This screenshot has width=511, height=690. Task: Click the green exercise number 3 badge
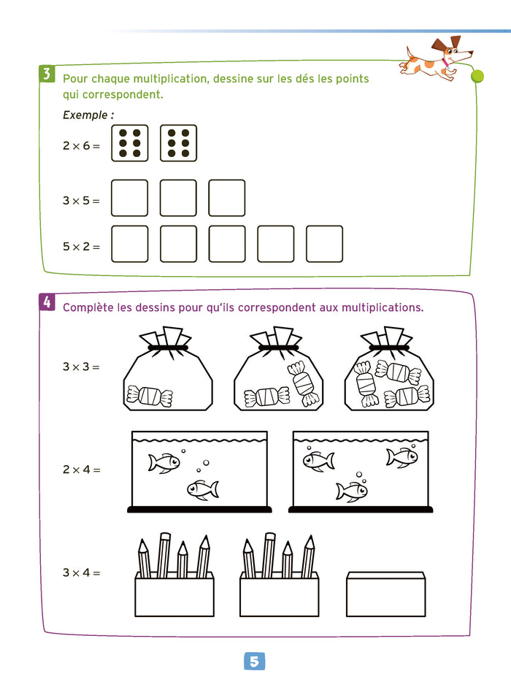(46, 73)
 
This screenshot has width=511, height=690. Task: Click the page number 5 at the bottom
(253, 662)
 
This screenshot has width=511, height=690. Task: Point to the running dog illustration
(436, 58)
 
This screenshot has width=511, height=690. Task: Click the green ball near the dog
(478, 74)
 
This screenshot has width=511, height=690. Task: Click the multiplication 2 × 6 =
(81, 145)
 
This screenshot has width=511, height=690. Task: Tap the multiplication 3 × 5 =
(81, 200)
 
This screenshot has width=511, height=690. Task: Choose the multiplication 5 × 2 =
(81, 246)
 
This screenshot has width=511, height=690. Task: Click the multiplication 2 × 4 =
(81, 469)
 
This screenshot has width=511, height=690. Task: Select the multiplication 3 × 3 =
(81, 367)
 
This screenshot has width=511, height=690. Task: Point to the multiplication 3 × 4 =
(81, 573)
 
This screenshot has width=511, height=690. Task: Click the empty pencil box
(385, 594)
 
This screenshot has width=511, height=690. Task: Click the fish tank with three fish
(360, 471)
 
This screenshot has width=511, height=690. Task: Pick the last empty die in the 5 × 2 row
(324, 244)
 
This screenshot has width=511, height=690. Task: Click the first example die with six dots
(130, 143)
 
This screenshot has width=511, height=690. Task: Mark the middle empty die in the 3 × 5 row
(178, 198)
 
